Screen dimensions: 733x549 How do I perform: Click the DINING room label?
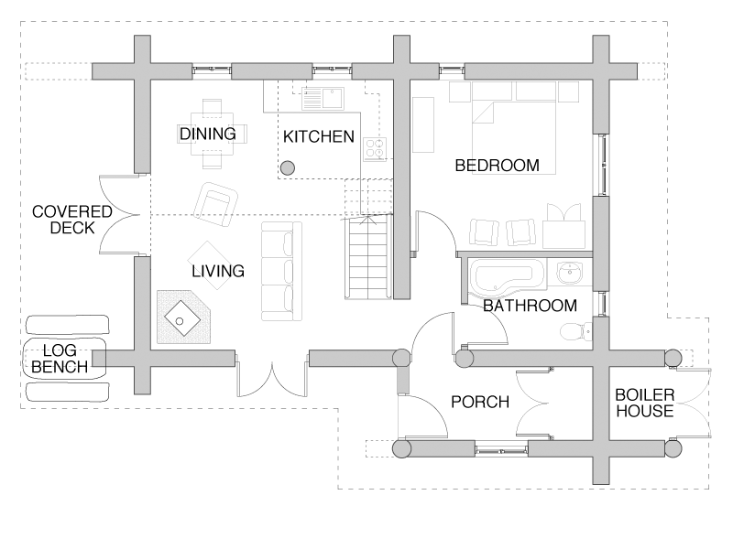(208, 134)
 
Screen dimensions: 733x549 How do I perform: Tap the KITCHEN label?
(319, 136)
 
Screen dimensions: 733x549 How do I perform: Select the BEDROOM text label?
(497, 166)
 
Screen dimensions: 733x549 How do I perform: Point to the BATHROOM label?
(531, 306)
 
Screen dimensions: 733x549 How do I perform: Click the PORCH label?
(480, 402)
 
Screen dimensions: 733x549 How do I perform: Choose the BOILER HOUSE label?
(645, 403)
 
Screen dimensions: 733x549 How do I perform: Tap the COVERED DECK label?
(72, 220)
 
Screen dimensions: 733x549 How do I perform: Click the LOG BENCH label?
(60, 359)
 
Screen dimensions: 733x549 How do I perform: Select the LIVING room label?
(218, 271)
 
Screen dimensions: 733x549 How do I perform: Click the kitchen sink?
(323, 98)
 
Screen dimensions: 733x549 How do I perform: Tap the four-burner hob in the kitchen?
(375, 149)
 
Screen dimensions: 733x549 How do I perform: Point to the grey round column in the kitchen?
(288, 167)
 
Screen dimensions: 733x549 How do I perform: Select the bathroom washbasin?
(569, 273)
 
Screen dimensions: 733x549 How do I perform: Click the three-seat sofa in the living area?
(281, 271)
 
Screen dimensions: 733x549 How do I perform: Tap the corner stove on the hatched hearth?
(181, 318)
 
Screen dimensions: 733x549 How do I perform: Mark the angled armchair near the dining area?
(216, 204)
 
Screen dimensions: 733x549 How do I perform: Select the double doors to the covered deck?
(120, 215)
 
